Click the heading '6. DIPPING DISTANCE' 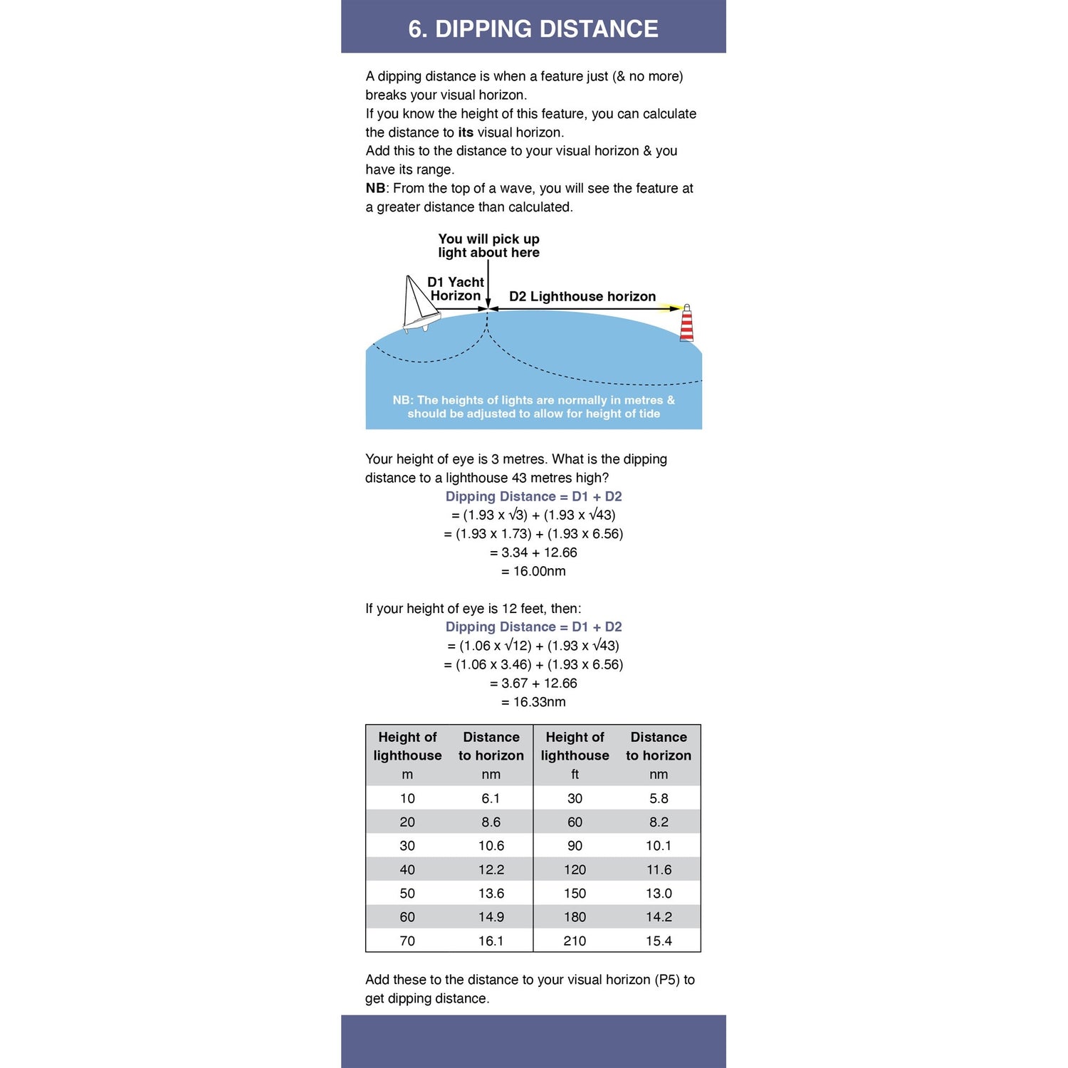tap(533, 28)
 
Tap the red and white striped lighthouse tap(686, 324)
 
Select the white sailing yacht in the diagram tap(419, 305)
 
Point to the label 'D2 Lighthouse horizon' tap(582, 296)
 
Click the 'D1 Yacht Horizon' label tap(456, 288)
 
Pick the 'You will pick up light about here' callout tap(488, 246)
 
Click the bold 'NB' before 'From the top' tap(375, 188)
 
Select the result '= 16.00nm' tap(533, 571)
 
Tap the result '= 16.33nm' tap(533, 701)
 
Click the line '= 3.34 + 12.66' tap(533, 553)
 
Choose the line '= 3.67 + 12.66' tap(533, 683)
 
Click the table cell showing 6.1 tap(491, 798)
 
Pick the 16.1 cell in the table tap(491, 941)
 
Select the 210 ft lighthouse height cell tap(575, 941)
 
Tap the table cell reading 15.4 tap(659, 941)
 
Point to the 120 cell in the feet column tap(575, 869)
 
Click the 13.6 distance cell tap(491, 893)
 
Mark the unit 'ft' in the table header tap(575, 774)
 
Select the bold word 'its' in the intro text tap(466, 132)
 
